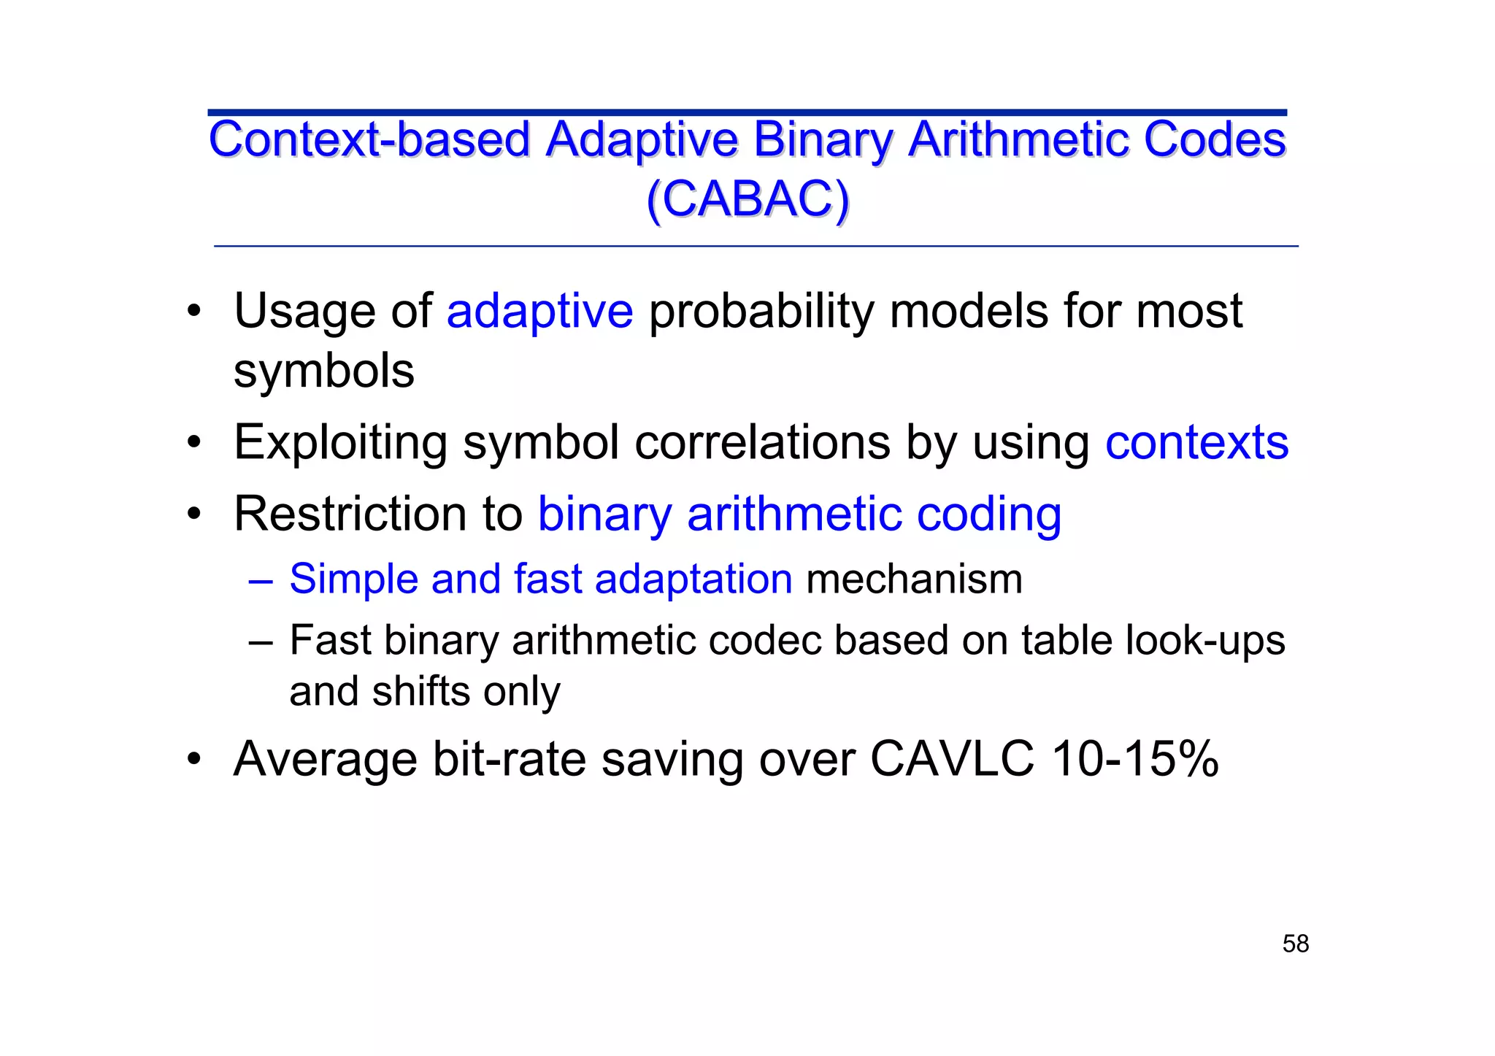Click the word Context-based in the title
(x=369, y=139)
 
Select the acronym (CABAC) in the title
(x=747, y=199)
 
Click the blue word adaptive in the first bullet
(x=539, y=312)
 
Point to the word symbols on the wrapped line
(x=323, y=371)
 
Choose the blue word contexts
(x=1196, y=442)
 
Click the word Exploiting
(x=340, y=442)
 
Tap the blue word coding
(x=988, y=514)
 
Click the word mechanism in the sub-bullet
(x=914, y=579)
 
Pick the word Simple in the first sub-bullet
(x=353, y=579)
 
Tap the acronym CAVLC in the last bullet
(x=952, y=759)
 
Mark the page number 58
(x=1295, y=944)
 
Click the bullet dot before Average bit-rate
(x=193, y=759)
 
